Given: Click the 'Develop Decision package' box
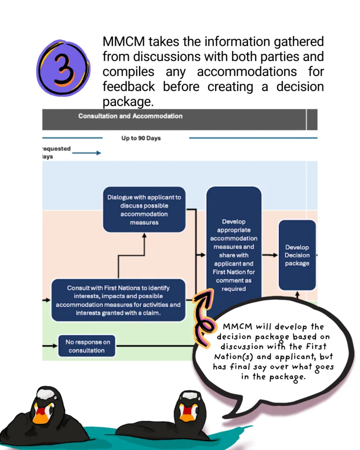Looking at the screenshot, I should pyautogui.click(x=297, y=255).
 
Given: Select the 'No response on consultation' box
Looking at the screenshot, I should pyautogui.click(x=87, y=346).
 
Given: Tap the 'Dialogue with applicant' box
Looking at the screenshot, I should pyautogui.click(x=144, y=210).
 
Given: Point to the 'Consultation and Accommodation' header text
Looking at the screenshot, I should pyautogui.click(x=130, y=116).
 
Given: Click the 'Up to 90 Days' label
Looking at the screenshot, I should pyautogui.click(x=141, y=138).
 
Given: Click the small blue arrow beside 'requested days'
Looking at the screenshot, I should pyautogui.click(x=87, y=153).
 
